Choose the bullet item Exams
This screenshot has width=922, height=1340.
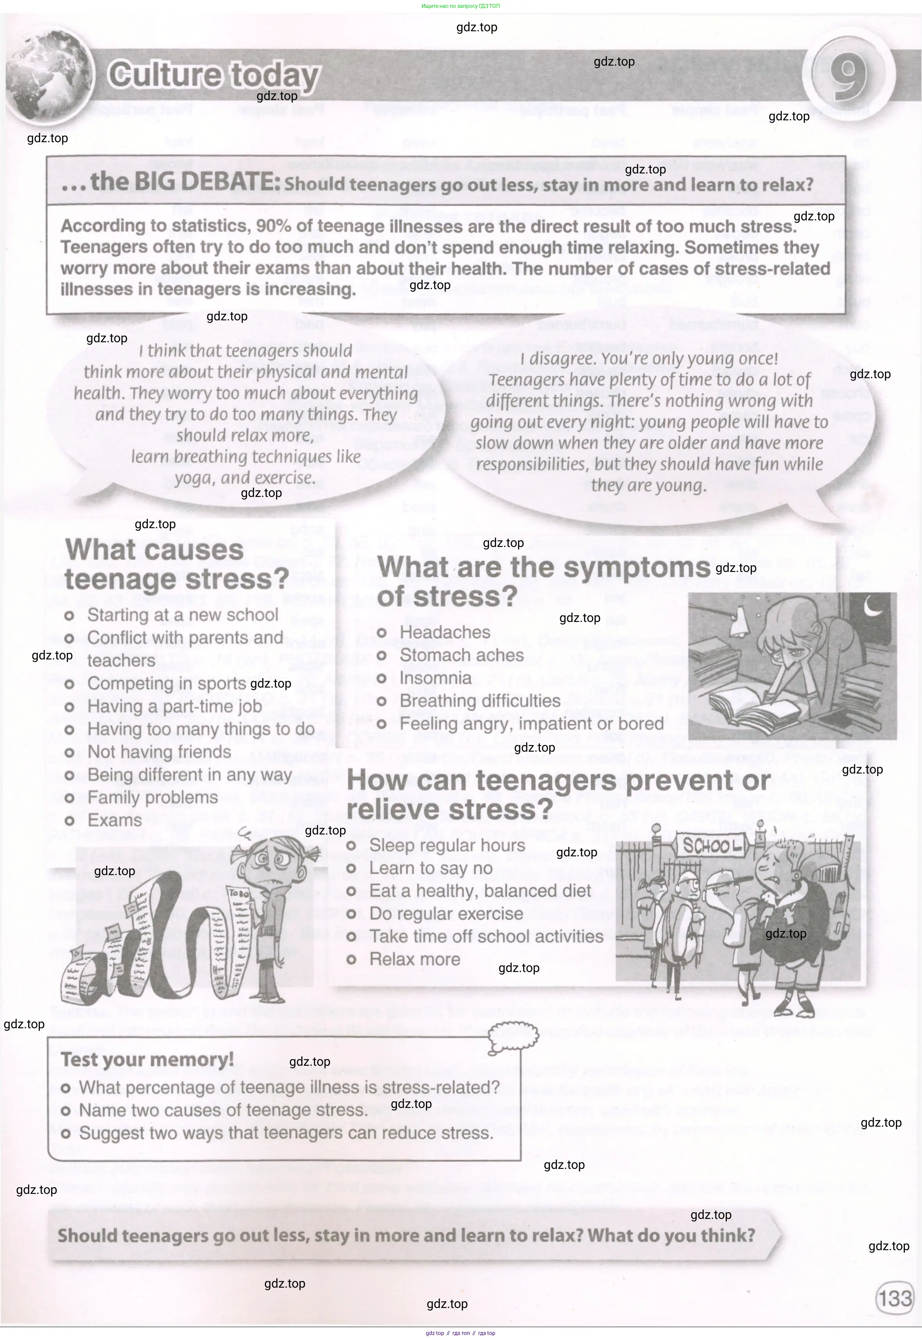114,820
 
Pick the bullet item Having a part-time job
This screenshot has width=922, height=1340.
174,706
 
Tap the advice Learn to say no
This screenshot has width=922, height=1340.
431,868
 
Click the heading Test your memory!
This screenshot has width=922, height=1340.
147,1059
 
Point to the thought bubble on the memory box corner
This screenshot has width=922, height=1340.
513,1036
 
